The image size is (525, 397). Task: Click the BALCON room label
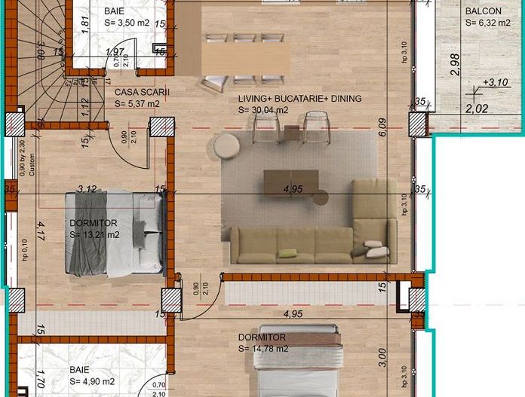(484, 11)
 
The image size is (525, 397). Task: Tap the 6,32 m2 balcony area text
(490, 23)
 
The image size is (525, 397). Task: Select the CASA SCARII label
(143, 92)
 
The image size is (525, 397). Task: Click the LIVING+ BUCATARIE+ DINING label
(299, 99)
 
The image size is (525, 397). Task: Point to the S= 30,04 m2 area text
(263, 110)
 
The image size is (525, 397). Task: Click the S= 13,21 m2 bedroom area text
(95, 235)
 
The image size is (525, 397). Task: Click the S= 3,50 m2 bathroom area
(131, 23)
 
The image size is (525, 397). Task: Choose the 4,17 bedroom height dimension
(41, 228)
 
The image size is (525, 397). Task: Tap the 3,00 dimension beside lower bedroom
(382, 354)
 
